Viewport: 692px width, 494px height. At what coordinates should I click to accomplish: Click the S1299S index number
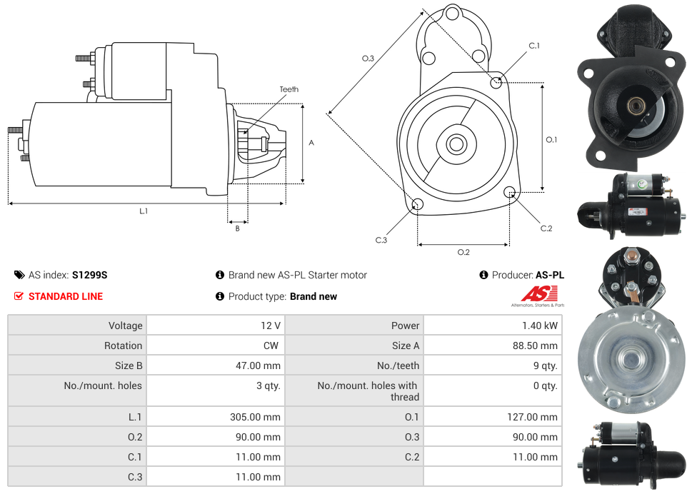point(89,276)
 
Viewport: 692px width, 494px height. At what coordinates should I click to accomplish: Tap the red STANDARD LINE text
point(65,296)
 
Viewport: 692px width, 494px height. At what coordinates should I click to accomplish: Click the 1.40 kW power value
point(540,326)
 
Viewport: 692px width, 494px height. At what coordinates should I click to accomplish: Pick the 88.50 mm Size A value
point(535,346)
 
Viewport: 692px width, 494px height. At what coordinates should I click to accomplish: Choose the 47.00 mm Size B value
point(258,366)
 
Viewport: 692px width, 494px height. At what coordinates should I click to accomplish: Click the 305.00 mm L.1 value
point(255,417)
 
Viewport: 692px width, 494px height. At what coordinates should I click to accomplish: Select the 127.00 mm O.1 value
point(532,417)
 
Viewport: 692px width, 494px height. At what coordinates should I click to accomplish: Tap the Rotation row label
point(123,346)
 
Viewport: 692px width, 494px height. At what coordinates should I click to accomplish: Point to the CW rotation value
point(271,346)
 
